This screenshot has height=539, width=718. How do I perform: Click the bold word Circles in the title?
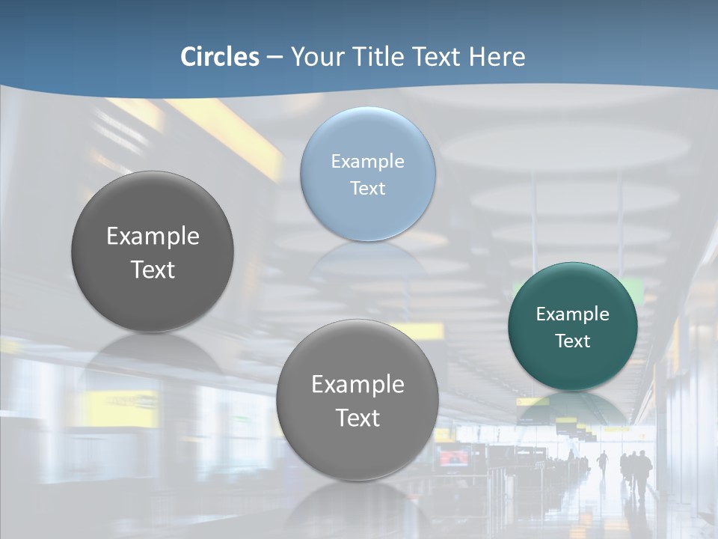pos(220,57)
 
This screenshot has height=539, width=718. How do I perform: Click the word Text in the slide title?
pos(437,57)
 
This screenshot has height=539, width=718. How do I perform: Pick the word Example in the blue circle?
pos(367,161)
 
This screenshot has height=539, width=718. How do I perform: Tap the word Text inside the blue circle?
pos(367,188)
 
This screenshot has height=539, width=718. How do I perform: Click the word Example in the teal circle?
pos(572,314)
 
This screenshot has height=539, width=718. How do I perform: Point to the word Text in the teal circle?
pos(572,341)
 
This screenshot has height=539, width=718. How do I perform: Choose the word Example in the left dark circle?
pos(153,236)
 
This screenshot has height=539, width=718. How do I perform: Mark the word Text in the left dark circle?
pos(153,269)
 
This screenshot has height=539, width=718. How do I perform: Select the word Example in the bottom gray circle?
pos(358,384)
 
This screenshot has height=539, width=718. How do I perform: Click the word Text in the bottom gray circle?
pos(358,418)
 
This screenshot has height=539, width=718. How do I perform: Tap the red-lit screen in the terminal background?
pos(452,457)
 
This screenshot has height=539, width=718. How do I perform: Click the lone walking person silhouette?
pos(603,464)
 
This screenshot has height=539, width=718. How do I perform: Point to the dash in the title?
pos(274,57)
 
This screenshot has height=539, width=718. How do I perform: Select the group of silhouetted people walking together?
pos(636,472)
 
